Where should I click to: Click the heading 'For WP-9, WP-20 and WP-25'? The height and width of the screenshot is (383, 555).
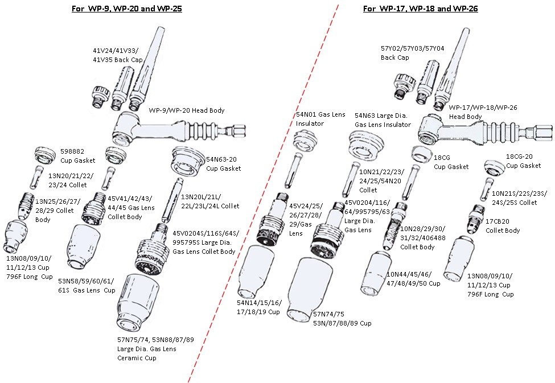click(x=126, y=9)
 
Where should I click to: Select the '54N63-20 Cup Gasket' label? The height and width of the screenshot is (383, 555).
click(x=224, y=164)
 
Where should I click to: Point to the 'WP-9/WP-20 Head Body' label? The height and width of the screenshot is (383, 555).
click(x=187, y=110)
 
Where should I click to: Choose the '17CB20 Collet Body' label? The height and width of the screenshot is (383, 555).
click(x=503, y=226)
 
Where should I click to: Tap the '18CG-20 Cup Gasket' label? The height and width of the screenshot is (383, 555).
click(x=523, y=161)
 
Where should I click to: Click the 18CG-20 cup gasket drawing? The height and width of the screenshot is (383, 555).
click(x=494, y=167)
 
